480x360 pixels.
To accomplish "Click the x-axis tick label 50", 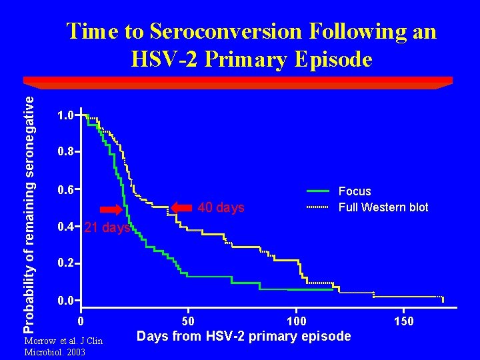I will [x=189, y=321].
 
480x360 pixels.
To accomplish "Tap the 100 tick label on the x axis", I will [x=297, y=321].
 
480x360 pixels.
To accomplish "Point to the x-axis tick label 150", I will [x=404, y=321].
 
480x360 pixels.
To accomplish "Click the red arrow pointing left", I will [x=181, y=207].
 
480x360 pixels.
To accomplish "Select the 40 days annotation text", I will [x=221, y=208].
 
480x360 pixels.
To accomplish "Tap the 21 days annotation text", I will [x=107, y=228].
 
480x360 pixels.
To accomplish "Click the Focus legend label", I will [x=355, y=191].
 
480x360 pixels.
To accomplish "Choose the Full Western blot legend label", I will [x=383, y=207].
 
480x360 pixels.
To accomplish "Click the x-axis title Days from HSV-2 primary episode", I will [x=243, y=336].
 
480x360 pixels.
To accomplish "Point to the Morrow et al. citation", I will [x=63, y=346].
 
